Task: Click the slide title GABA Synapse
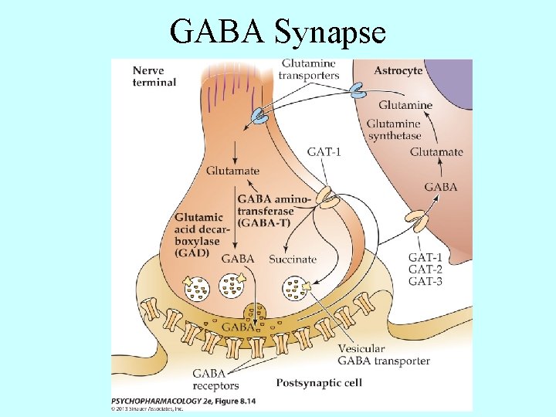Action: pos(278,32)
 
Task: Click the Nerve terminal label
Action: pos(154,76)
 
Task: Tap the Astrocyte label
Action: pos(398,70)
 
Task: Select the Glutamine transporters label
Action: pos(310,69)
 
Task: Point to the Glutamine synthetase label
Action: pos(394,130)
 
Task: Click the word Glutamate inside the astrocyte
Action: pos(436,152)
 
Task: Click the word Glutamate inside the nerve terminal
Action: pos(211,171)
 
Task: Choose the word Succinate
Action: pos(293,259)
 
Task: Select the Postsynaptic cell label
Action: pos(319,382)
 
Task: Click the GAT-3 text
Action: pos(425,282)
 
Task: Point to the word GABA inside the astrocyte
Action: pos(441,187)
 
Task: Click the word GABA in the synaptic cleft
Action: pos(238,327)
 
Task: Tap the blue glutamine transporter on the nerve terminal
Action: pos(256,117)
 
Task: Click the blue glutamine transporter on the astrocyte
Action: pos(357,90)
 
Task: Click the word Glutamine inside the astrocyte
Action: pos(405,105)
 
